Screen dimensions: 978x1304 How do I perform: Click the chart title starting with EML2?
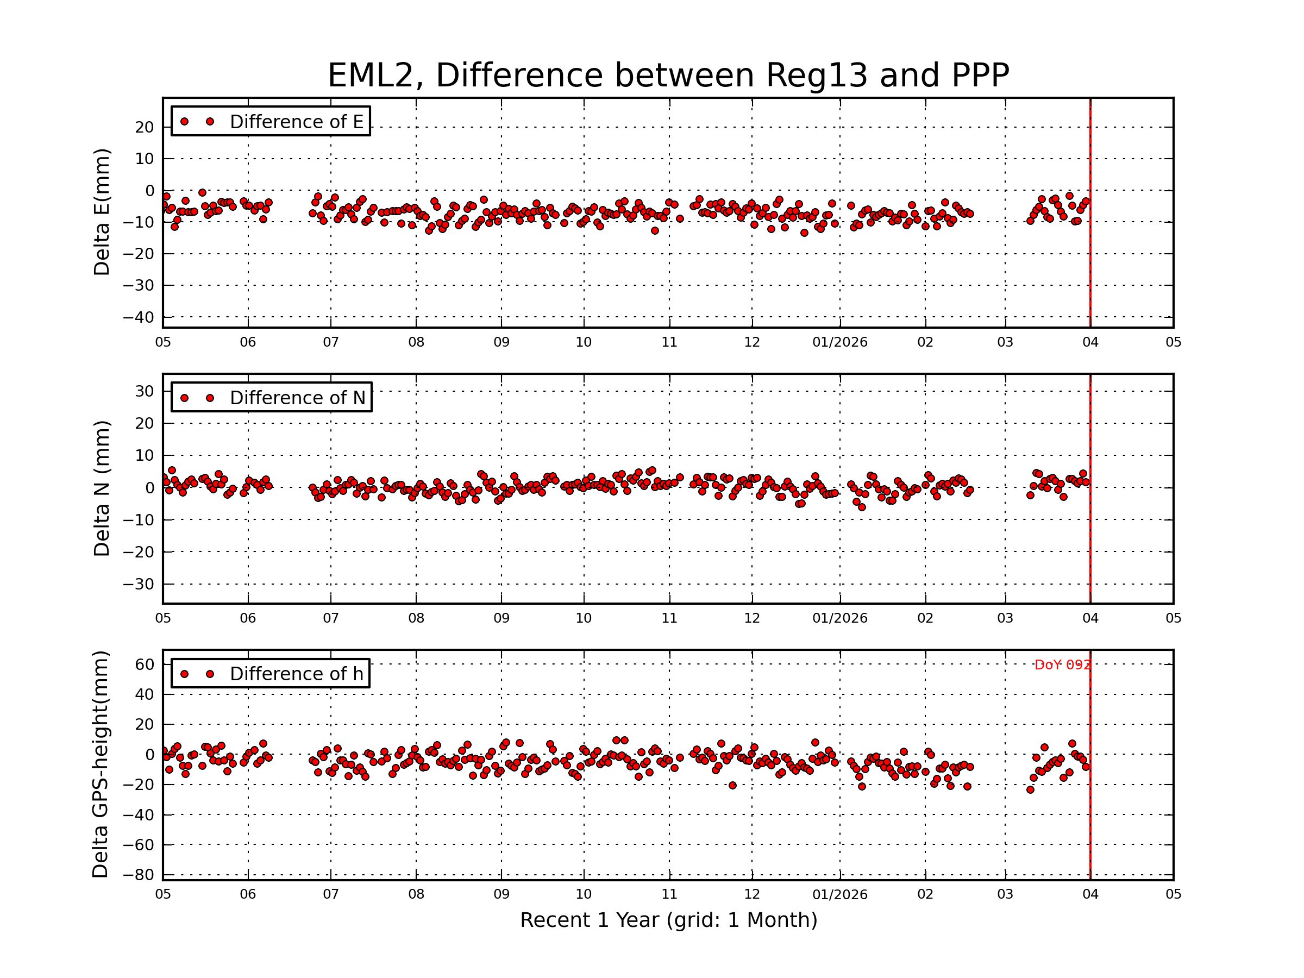pyautogui.click(x=668, y=76)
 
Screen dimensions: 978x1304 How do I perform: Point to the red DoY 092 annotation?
pyautogui.click(x=1062, y=665)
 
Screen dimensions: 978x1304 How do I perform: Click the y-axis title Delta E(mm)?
pyautogui.click(x=102, y=212)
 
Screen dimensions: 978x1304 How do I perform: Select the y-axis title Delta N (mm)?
pyautogui.click(x=102, y=488)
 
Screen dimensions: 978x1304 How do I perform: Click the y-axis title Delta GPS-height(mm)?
pyautogui.click(x=101, y=764)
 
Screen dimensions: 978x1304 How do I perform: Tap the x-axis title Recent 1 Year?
pyautogui.click(x=668, y=920)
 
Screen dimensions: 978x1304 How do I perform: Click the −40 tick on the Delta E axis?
pyautogui.click(x=138, y=317)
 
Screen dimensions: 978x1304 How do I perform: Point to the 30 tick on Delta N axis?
pyautogui.click(x=144, y=391)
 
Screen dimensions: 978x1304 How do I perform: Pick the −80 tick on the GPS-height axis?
pyautogui.click(x=138, y=875)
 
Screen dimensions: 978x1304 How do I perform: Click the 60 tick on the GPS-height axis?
pyautogui.click(x=144, y=664)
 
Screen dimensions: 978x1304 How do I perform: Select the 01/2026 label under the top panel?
pyautogui.click(x=839, y=342)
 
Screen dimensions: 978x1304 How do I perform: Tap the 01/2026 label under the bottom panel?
pyautogui.click(x=839, y=894)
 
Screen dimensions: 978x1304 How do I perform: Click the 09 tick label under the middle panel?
pyautogui.click(x=501, y=618)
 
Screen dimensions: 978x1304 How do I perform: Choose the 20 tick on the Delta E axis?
pyautogui.click(x=144, y=127)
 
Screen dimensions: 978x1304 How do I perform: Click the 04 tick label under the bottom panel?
pyautogui.click(x=1090, y=894)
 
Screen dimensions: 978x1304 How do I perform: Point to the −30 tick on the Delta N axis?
pyautogui.click(x=138, y=584)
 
